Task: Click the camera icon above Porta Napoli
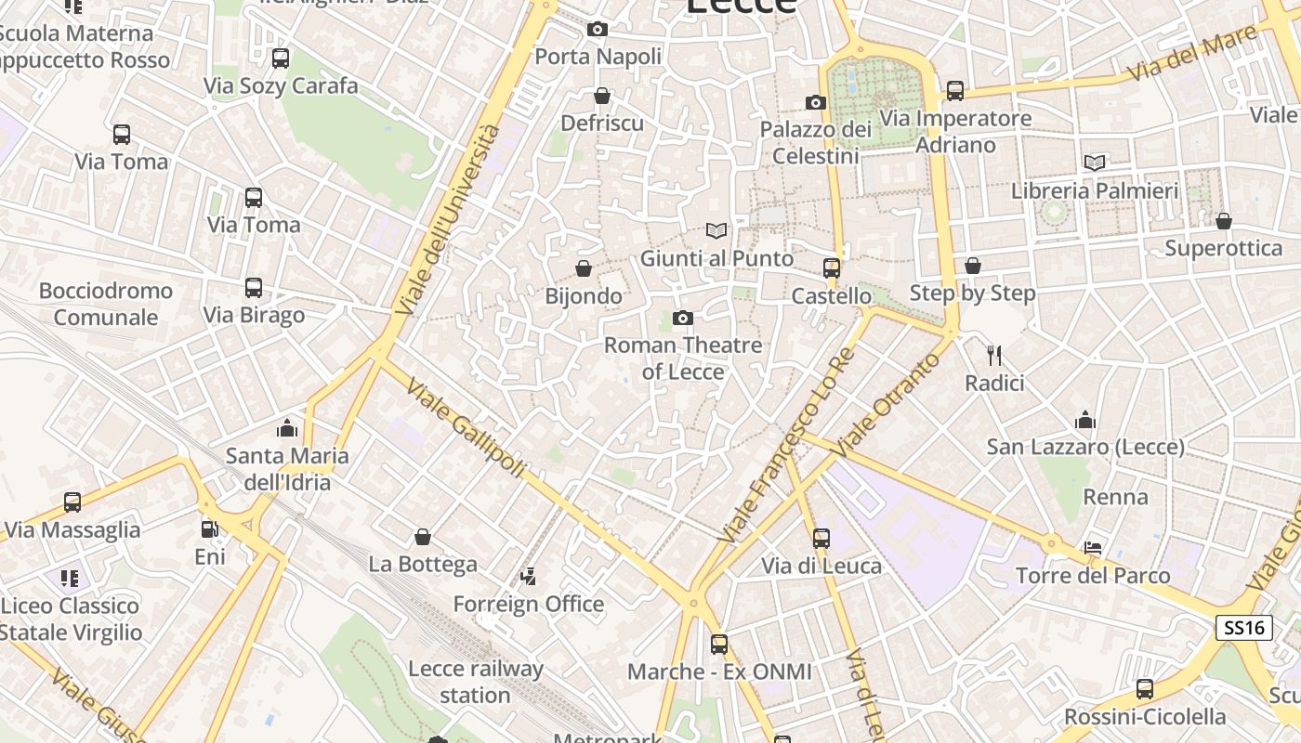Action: [598, 30]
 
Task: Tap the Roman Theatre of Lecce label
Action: [683, 358]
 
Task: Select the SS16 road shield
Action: [1244, 628]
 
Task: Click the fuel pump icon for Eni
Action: [210, 529]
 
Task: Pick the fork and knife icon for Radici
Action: [994, 355]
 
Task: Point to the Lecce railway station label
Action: [475, 682]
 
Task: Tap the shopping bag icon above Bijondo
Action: [584, 268]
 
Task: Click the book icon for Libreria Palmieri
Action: [1095, 163]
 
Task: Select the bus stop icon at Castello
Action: [832, 268]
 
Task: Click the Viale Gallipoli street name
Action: [466, 430]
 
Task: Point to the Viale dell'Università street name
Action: [447, 219]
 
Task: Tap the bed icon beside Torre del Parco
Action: [1093, 548]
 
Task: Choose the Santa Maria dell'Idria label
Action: [287, 469]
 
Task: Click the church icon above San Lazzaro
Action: [1084, 420]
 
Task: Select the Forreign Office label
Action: [528, 604]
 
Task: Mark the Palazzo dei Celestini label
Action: [815, 142]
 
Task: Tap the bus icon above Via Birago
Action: [254, 288]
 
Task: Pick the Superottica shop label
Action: [1223, 248]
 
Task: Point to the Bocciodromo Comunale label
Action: [106, 304]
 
